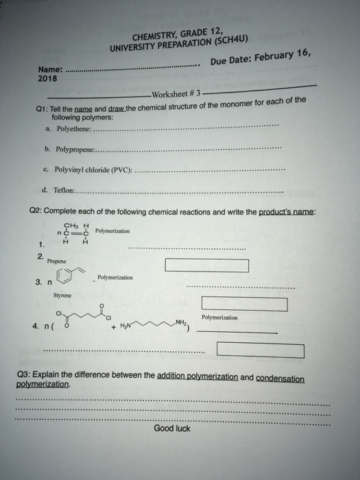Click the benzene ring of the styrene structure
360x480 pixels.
point(67,277)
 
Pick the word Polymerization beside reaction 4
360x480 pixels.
point(220,317)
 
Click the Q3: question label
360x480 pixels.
point(32,376)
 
